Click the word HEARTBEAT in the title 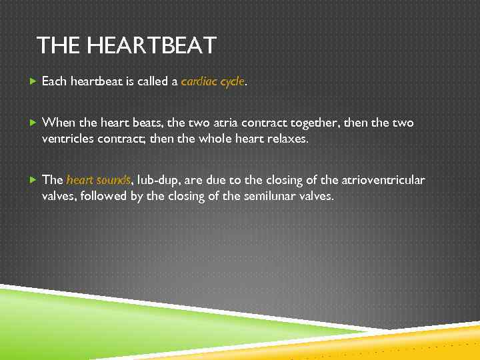coord(152,46)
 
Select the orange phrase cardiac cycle coord(213,82)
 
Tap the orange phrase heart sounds coord(99,180)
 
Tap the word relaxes coord(287,139)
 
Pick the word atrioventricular coord(383,180)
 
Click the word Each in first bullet coord(54,82)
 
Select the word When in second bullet coord(59,123)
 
